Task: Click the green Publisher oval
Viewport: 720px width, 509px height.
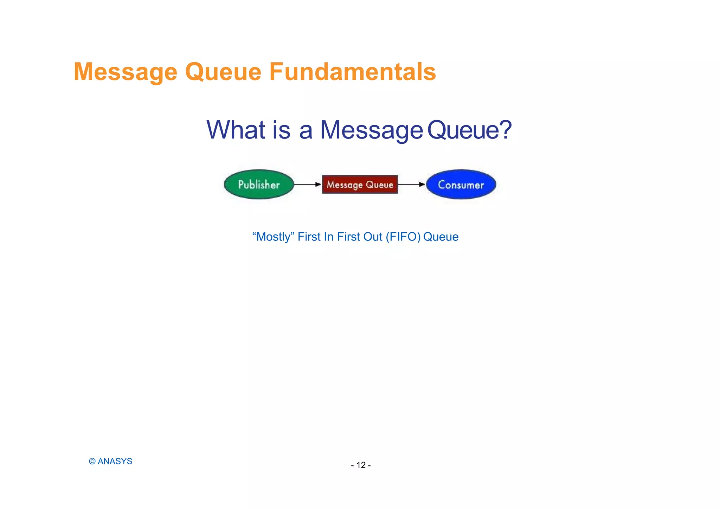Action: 259,185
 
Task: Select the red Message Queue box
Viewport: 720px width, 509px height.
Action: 360,185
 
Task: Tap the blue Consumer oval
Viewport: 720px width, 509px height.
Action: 461,185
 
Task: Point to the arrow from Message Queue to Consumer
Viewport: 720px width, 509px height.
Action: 411,184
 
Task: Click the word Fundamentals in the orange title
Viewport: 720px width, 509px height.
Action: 352,72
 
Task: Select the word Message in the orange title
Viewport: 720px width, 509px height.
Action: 126,72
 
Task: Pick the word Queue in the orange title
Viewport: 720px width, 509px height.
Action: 223,72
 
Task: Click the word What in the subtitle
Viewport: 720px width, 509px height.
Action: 236,130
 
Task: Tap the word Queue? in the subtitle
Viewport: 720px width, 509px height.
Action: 469,130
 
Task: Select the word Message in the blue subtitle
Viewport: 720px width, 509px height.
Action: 371,130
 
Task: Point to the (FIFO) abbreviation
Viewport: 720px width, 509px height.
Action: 403,237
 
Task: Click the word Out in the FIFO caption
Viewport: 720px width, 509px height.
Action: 373,237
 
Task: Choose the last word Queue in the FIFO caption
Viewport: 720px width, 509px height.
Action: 441,237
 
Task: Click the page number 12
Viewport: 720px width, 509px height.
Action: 361,465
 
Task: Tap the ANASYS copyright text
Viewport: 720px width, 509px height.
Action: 115,462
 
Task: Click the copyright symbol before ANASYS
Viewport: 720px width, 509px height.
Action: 92,462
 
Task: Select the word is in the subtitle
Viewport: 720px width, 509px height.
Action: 281,130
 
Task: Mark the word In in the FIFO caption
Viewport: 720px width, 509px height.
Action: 328,237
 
